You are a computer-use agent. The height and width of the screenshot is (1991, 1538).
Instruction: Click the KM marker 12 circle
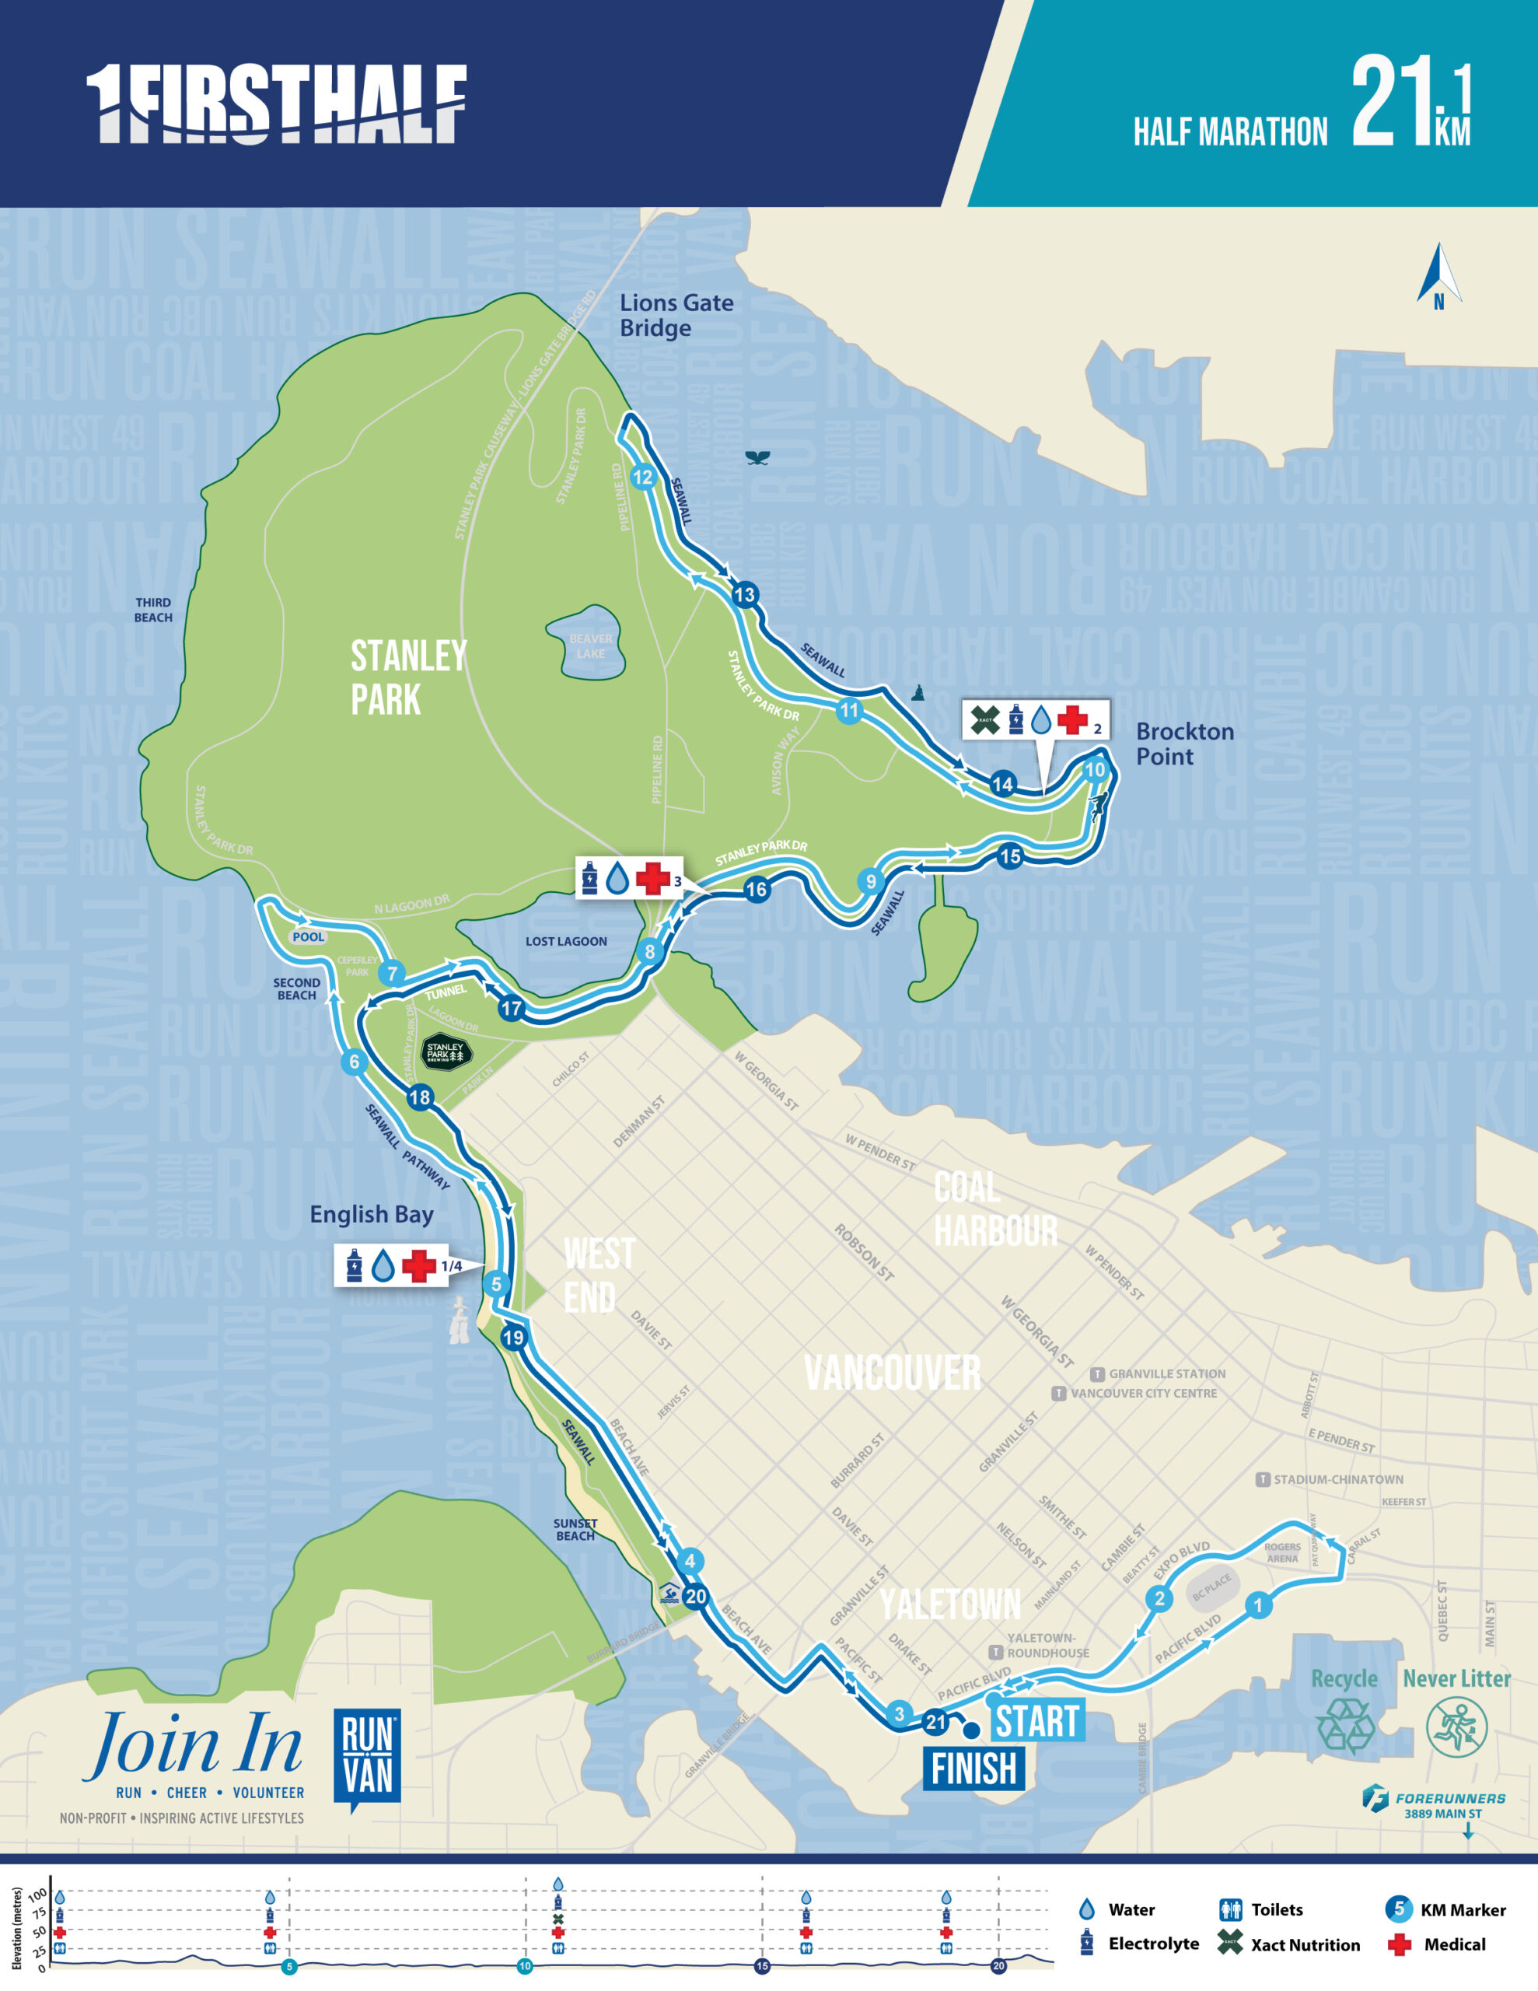pos(643,477)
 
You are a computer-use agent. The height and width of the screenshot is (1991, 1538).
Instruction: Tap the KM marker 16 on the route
pos(757,890)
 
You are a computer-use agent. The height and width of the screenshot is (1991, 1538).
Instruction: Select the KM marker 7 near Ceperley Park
pos(392,974)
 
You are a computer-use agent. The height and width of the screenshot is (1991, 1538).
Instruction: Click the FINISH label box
pos(973,1769)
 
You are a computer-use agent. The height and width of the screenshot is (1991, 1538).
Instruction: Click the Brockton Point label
pos(1183,744)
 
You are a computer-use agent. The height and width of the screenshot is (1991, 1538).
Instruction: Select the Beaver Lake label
pos(591,646)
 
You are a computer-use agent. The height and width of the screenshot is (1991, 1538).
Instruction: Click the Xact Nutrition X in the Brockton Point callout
pos(984,720)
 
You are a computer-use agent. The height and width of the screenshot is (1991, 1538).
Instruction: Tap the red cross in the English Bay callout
pos(419,1265)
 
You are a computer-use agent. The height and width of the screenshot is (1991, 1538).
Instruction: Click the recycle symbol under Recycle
pos(1344,1726)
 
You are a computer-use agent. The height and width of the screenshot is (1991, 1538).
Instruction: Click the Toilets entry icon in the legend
pos(1230,1910)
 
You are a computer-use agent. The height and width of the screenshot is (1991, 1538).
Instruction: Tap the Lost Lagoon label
pos(565,942)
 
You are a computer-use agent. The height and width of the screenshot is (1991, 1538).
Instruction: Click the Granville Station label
pos(1167,1373)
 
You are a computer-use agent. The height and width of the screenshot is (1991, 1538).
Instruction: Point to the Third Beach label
pos(153,610)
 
